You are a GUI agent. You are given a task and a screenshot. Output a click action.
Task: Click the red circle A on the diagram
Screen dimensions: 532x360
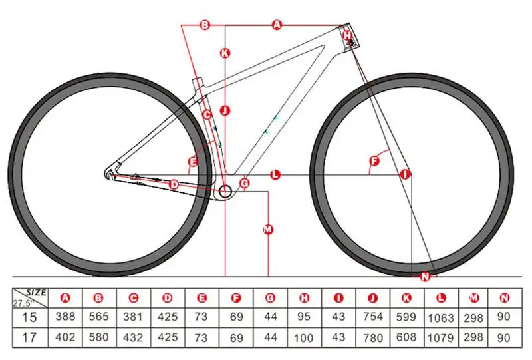277,25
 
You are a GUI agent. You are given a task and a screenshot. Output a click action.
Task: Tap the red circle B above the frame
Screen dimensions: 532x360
205,25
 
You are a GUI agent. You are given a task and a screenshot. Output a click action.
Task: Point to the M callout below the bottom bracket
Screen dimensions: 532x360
268,230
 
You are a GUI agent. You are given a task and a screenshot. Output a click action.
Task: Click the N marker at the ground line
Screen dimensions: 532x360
425,275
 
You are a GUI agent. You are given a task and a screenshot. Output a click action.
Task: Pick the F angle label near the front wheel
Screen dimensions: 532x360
374,160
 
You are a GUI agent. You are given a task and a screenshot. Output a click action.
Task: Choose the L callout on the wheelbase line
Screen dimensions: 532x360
275,174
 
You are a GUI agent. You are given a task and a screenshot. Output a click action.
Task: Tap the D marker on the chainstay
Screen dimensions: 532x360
174,184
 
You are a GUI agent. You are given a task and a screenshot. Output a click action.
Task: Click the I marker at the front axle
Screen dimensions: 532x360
405,174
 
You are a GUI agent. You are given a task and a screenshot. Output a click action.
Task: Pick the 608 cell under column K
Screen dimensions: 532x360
406,337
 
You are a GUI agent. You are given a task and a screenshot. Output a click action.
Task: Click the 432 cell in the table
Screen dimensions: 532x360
133,337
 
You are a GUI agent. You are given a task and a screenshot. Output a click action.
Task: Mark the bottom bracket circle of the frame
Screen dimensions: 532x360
224,192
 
